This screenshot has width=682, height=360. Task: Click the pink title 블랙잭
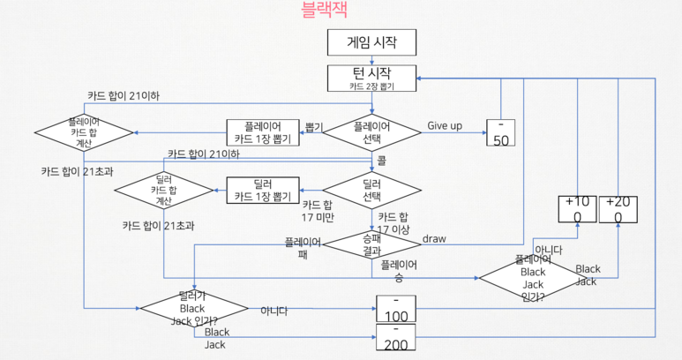324,11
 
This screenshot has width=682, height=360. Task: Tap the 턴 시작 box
371,78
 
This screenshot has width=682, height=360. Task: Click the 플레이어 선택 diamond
371,132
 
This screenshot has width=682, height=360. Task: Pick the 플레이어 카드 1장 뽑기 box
265,132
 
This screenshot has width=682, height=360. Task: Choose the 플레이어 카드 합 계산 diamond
84,131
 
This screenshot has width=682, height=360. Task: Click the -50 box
500,132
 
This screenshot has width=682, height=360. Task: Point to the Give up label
445,125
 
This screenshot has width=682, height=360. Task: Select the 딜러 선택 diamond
371,190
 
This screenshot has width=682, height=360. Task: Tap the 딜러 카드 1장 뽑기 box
265,190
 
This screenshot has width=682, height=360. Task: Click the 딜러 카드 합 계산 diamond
165,190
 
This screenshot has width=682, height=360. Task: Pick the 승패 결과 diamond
371,244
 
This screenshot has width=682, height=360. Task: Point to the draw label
434,239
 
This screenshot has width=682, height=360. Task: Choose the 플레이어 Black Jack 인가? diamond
533,277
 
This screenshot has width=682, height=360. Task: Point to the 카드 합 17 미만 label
318,211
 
